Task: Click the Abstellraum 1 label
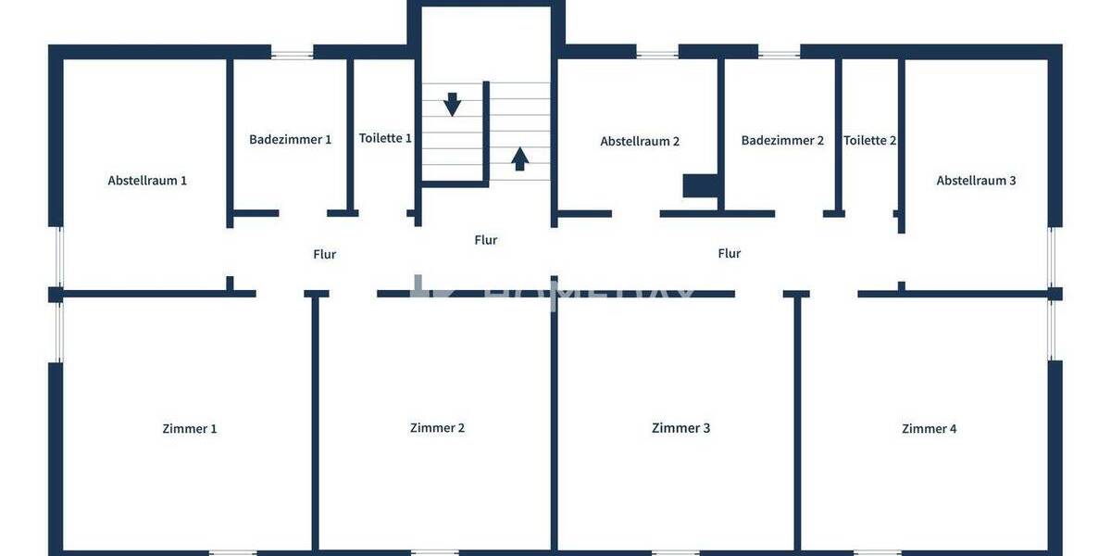[147, 181]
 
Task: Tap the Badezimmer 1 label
[290, 140]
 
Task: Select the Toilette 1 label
[385, 138]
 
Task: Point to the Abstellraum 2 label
[640, 142]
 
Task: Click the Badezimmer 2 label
[782, 141]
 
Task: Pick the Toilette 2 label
[869, 141]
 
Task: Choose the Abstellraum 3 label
[976, 181]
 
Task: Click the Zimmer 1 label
[190, 429]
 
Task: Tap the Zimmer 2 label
[437, 428]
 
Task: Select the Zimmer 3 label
[680, 428]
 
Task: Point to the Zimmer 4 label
[929, 429]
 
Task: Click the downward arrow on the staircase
[452, 104]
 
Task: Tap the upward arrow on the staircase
[520, 158]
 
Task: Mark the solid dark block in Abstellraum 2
[701, 185]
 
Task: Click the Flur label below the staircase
[485, 240]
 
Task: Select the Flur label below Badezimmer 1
[324, 254]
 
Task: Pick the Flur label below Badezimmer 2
[729, 253]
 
